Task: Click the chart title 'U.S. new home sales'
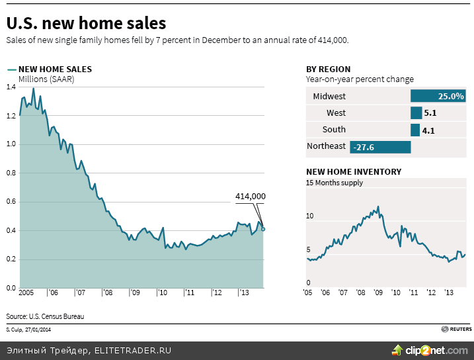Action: click(86, 24)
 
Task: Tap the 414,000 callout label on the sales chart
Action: click(251, 196)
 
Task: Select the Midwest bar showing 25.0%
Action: click(438, 96)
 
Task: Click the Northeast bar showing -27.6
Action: click(380, 146)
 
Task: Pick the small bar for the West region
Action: click(415, 113)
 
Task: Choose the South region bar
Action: click(415, 130)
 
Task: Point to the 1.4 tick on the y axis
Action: click(11, 87)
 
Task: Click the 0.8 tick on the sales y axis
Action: click(11, 173)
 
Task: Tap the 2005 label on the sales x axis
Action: click(27, 292)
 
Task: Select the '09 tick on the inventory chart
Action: click(378, 292)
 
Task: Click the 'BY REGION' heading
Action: click(329, 69)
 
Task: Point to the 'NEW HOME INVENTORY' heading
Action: click(354, 171)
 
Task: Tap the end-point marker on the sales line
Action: click(263, 229)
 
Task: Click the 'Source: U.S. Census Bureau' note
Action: click(46, 316)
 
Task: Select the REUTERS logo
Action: click(457, 329)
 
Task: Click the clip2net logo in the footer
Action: click(430, 350)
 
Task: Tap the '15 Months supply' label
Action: click(335, 183)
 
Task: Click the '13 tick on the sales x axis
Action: click(243, 292)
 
